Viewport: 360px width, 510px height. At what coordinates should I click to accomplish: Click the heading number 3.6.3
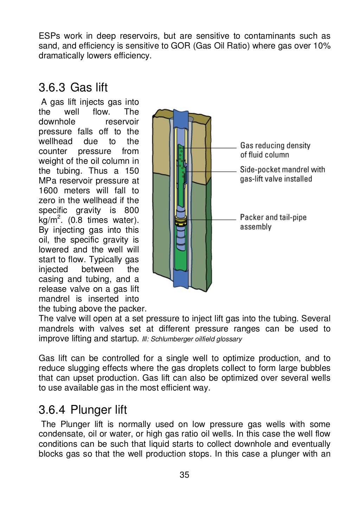coord(52,87)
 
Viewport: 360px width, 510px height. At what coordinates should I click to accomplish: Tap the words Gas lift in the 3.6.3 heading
coord(89,87)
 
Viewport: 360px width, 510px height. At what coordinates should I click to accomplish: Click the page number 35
coord(184,475)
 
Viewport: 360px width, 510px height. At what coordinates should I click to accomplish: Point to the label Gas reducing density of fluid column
coord(275,150)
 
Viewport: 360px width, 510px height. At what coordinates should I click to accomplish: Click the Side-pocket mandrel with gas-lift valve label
coord(282,174)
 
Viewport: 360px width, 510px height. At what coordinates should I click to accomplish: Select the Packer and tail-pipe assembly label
coord(273,222)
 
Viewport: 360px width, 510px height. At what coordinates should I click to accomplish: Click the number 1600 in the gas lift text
coord(48,191)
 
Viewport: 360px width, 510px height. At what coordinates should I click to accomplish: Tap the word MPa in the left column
coord(47,181)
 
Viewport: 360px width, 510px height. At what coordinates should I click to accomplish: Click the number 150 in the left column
coord(131,171)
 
